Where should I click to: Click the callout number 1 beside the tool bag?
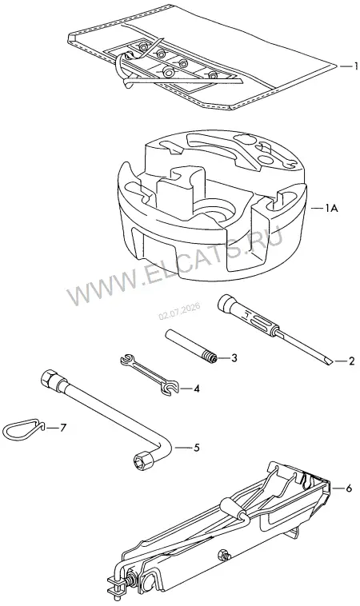point(355,66)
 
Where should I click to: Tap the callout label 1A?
point(331,209)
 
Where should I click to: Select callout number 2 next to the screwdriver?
point(351,361)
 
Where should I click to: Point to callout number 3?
point(234,358)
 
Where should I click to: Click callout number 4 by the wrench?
point(197,389)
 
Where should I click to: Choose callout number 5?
point(197,448)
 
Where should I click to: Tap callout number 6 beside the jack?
point(349,488)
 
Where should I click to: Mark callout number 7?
point(63,428)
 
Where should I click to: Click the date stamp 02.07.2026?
point(179,311)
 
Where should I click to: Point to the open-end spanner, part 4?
point(150,375)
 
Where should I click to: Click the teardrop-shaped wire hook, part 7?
point(23,429)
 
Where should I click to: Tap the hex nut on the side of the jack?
point(225,555)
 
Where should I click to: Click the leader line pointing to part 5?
point(183,448)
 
